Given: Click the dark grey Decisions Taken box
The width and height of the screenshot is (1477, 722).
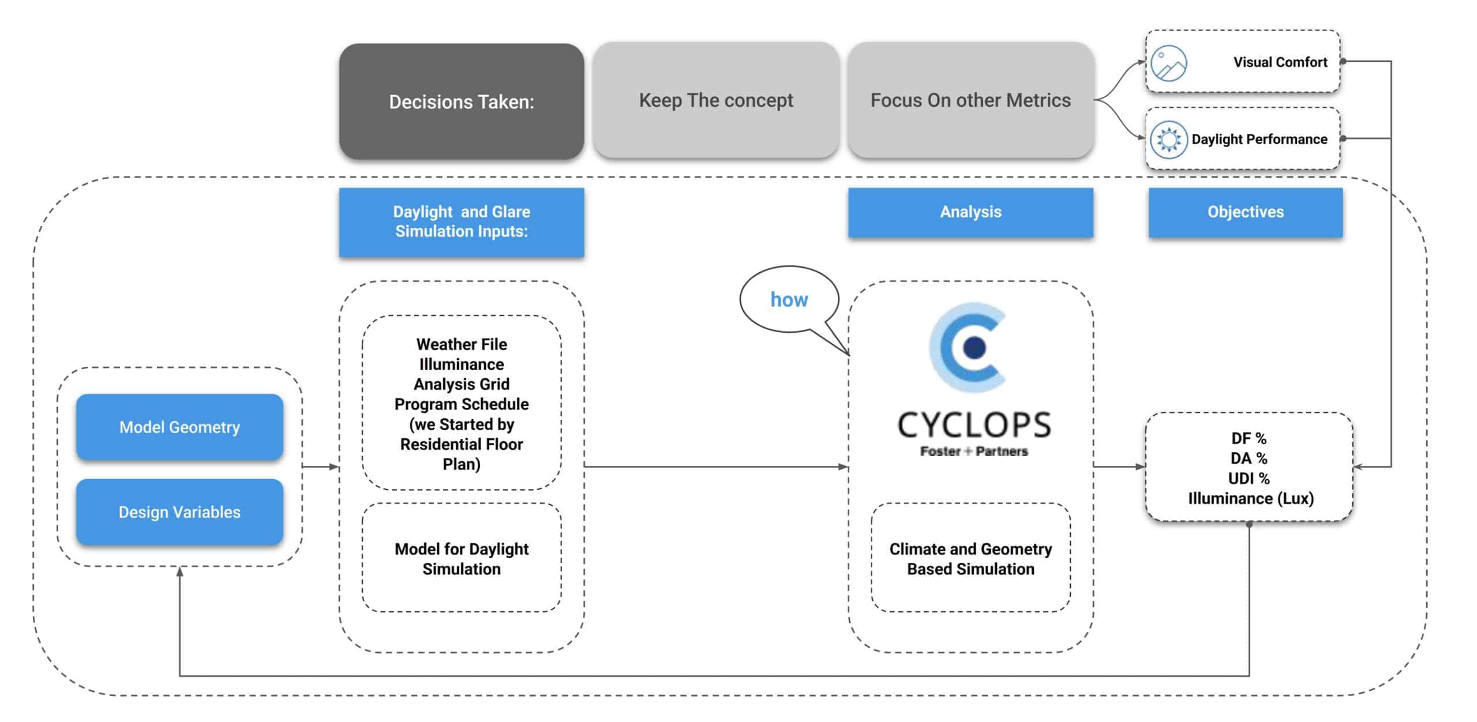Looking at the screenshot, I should coord(462,101).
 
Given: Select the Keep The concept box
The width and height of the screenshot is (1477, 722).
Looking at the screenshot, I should coord(716,100).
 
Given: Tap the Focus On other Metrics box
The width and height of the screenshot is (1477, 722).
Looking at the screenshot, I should coord(970,100).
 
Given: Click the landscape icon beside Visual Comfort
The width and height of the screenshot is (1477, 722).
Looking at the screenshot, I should coord(1168,63).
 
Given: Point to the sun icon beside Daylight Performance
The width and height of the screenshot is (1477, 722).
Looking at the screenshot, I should coord(1168,140).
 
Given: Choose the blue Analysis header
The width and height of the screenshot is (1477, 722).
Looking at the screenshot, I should coord(970,212).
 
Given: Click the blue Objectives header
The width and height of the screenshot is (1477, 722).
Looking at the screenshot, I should coord(1246,212).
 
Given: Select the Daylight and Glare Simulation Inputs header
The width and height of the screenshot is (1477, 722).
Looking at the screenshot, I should coord(462,221).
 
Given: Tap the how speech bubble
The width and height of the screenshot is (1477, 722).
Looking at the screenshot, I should coord(789,299).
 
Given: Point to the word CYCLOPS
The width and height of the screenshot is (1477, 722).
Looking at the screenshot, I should coord(974,426).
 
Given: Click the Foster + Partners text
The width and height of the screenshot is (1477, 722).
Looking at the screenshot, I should coord(974,452).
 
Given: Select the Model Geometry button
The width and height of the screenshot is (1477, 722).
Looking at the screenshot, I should coord(179,427).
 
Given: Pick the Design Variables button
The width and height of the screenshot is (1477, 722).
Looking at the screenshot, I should coord(179,512).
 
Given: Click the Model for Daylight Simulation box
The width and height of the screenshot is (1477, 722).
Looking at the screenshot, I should coord(462,558).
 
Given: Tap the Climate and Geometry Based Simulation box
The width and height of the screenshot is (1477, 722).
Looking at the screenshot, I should coord(970,558).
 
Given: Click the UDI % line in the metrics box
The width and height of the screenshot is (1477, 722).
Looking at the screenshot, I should coord(1249,479).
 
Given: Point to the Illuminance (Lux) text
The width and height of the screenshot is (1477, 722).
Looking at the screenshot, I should coord(1251,499).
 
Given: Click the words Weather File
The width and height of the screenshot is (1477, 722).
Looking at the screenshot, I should coord(462,344).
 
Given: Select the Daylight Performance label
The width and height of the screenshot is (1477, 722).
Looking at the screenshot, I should coord(1259,140).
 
